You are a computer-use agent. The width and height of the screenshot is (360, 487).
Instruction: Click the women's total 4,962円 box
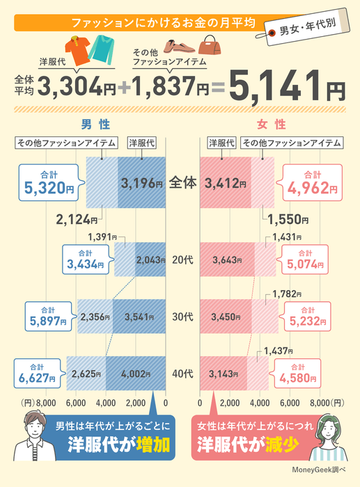(x=313, y=183)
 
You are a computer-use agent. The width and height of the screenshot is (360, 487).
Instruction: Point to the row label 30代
(x=182, y=317)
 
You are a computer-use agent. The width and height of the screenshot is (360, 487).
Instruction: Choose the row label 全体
(x=182, y=184)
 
